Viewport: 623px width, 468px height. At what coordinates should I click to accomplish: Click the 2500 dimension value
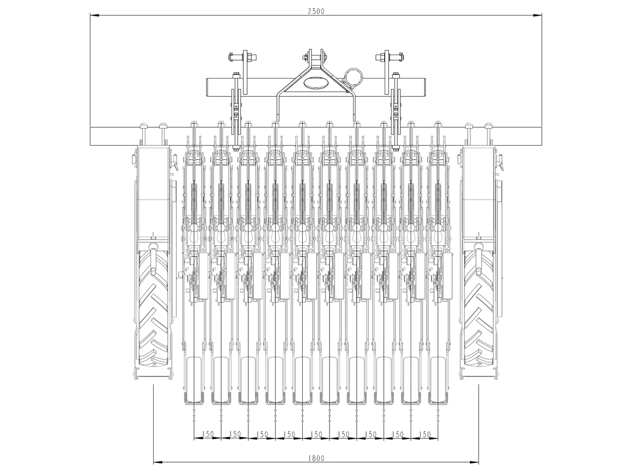point(316,11)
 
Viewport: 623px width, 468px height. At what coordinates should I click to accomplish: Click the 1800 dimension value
point(316,458)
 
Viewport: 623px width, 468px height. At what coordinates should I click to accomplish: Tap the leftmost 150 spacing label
point(208,434)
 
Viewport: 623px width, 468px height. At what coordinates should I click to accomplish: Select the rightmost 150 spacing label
point(425,434)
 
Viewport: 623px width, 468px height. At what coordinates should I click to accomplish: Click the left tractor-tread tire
point(153,307)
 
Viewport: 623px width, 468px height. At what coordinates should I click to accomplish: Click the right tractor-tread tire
point(479,307)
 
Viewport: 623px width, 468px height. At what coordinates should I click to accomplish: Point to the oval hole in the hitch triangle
point(316,82)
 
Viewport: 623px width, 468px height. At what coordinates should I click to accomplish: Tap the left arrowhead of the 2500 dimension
point(94,16)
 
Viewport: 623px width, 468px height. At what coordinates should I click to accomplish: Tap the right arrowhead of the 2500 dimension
point(537,16)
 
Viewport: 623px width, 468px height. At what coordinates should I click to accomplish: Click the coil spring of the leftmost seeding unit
point(194,202)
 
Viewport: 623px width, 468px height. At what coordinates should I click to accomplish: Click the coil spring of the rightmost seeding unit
point(438,202)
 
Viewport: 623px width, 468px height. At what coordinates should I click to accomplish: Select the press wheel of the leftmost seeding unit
point(194,380)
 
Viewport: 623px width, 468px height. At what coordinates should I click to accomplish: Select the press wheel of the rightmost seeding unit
point(438,380)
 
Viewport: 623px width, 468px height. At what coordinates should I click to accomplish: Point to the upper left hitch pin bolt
point(243,57)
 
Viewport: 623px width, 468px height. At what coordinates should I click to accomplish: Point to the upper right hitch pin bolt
point(389,57)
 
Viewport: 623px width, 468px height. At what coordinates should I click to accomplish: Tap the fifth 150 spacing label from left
point(317,434)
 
